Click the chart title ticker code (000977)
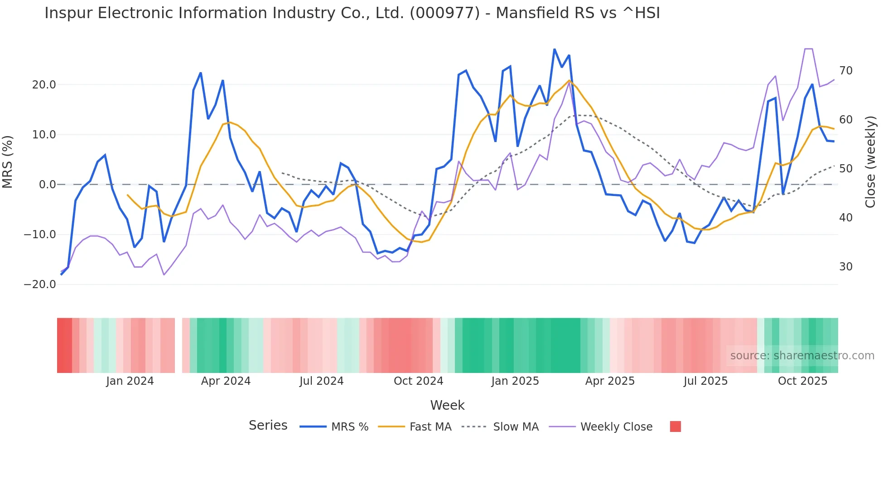[x=444, y=13]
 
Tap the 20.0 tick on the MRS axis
[x=44, y=85]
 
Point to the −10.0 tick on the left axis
[x=40, y=235]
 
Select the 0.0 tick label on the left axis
[x=47, y=185]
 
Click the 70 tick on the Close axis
[x=846, y=71]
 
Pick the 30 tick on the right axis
[x=846, y=267]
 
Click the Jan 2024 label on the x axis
[x=130, y=381]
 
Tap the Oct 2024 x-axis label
[x=418, y=381]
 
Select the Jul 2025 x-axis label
[x=705, y=381]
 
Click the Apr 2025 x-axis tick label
[x=610, y=381]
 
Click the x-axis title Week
[x=447, y=405]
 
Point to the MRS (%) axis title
[x=8, y=162]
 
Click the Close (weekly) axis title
[x=870, y=162]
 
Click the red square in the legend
[x=675, y=426]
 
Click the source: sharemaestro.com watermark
[x=802, y=356]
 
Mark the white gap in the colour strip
[x=179, y=345]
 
